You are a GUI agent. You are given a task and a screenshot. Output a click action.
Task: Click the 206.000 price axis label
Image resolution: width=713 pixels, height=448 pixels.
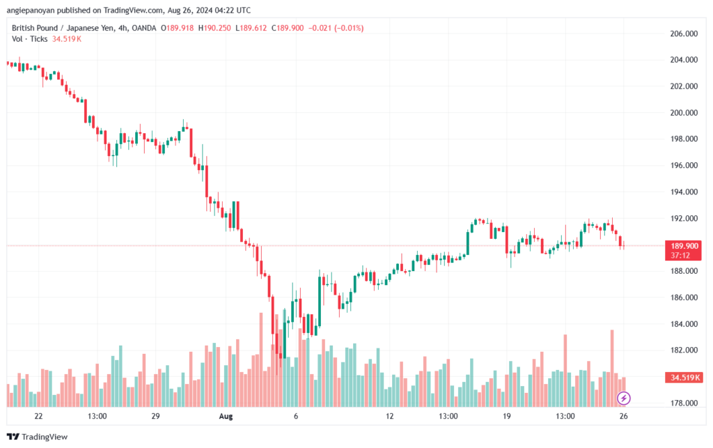tap(684, 33)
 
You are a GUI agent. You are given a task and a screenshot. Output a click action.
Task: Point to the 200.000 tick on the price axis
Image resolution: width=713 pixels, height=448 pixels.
tap(684, 112)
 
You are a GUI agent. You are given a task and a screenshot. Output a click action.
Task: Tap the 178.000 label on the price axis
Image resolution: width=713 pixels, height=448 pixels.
tap(684, 403)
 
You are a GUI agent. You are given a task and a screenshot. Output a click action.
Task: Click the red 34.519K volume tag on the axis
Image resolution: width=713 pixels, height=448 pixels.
tap(684, 378)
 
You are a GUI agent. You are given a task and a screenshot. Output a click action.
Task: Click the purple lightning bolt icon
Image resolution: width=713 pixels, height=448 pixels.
tap(623, 399)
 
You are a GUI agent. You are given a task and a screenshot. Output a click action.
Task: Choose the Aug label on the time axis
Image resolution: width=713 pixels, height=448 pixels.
tap(226, 416)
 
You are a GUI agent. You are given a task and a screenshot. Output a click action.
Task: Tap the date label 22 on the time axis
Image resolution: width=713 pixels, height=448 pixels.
tap(39, 416)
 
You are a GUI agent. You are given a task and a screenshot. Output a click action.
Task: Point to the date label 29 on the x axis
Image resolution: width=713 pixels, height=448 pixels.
tap(155, 416)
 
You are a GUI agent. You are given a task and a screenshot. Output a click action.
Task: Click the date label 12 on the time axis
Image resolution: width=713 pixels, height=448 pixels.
tap(389, 416)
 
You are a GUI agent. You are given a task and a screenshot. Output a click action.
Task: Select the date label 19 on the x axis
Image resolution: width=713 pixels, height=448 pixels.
tap(507, 416)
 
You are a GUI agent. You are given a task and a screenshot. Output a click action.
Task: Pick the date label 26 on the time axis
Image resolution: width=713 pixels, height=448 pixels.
tap(623, 416)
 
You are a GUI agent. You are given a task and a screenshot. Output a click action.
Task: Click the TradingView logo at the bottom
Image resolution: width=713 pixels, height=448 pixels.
tap(38, 437)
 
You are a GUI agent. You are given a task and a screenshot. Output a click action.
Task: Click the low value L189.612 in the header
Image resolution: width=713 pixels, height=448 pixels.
tap(251, 28)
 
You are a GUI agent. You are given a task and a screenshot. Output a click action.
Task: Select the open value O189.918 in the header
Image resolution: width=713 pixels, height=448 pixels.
tap(178, 28)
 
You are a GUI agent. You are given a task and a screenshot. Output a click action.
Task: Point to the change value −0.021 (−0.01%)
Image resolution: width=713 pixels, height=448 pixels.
tap(336, 28)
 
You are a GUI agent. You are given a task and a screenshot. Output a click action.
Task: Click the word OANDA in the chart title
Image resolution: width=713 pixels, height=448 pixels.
tap(143, 28)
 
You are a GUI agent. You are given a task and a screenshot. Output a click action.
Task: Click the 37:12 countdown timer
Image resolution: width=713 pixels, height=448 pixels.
tap(680, 256)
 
